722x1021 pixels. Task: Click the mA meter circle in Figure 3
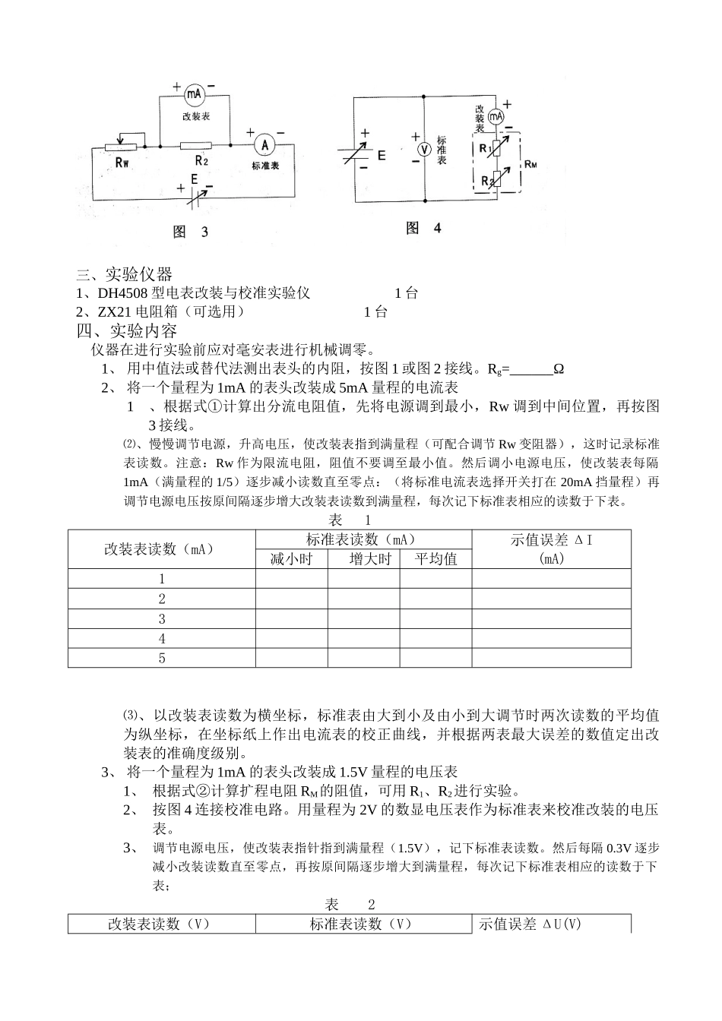[194, 94]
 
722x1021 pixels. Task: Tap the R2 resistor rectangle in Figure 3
[195, 145]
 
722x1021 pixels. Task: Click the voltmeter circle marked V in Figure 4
[425, 150]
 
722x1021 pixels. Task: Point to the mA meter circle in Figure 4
[496, 117]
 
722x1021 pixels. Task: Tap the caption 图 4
[423, 228]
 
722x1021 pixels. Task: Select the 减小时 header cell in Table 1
[292, 559]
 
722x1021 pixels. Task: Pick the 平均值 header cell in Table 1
[435, 559]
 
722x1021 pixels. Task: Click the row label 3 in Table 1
[162, 619]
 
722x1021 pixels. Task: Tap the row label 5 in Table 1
[162, 659]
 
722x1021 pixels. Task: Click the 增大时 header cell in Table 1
[370, 559]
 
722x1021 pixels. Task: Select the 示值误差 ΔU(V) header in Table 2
[530, 924]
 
